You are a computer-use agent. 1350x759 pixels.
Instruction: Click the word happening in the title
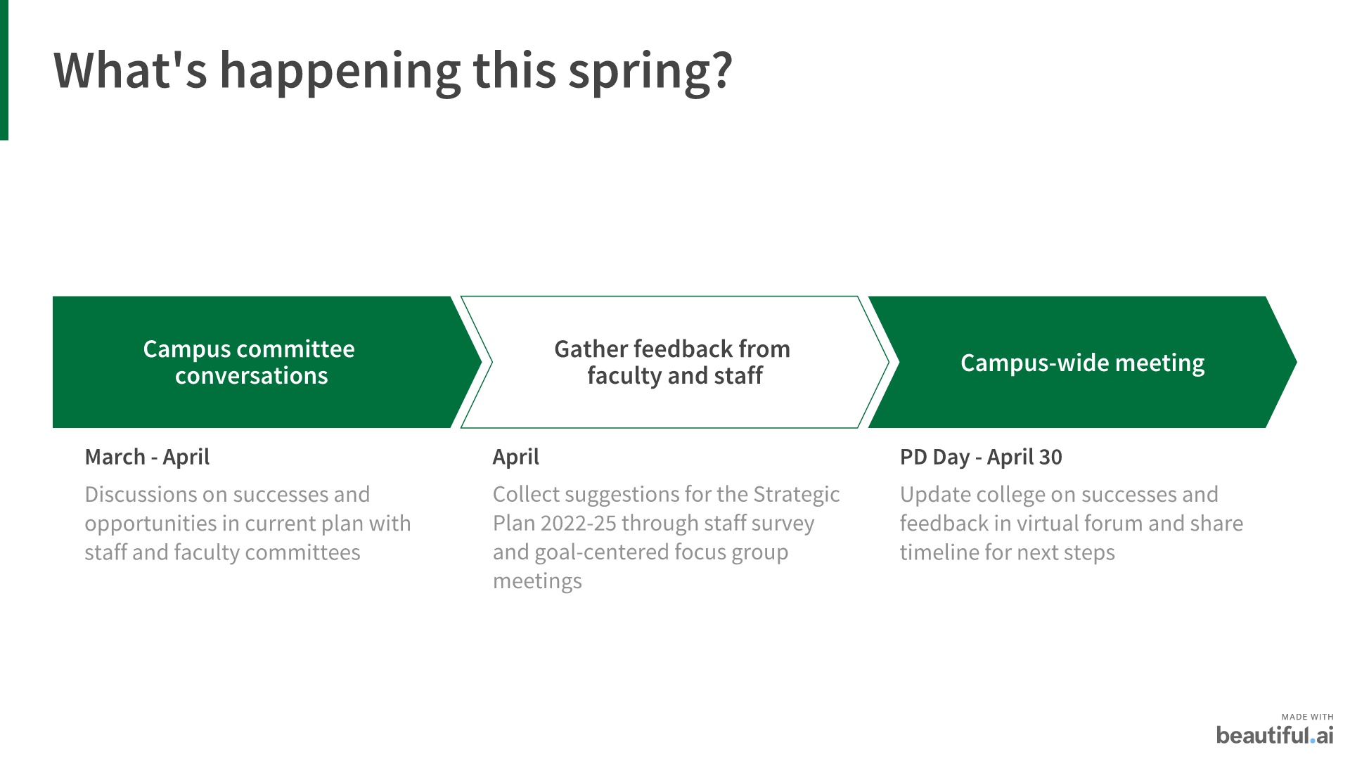click(340, 72)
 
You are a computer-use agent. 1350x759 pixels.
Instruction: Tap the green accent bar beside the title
click(4, 70)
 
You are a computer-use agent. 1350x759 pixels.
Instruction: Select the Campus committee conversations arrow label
click(250, 362)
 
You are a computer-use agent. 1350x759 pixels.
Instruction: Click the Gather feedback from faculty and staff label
click(673, 362)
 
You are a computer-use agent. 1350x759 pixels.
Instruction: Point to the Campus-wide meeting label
click(1083, 363)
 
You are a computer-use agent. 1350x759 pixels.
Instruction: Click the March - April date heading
click(147, 457)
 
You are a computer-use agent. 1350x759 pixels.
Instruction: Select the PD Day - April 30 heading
click(981, 457)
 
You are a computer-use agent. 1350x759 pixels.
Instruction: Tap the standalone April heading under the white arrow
click(516, 457)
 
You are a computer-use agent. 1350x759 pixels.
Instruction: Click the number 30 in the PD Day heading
click(1050, 457)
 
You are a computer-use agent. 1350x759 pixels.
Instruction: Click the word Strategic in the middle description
click(797, 495)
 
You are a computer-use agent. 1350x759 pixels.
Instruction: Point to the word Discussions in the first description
click(140, 494)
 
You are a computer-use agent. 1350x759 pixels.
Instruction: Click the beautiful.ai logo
click(1275, 735)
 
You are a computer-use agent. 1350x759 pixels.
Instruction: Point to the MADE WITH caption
click(1307, 717)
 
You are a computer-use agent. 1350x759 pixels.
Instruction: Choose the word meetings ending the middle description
click(537, 581)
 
